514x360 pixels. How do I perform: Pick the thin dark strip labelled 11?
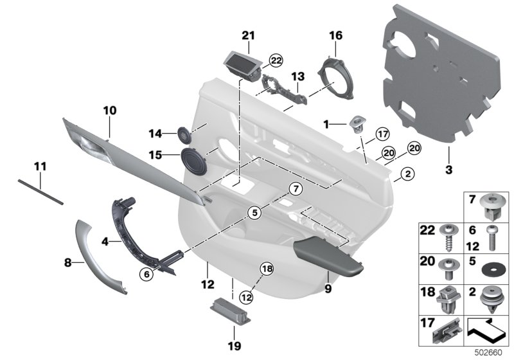[x=41, y=192]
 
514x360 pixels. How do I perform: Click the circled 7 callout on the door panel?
[x=294, y=188]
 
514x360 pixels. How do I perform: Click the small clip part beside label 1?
[x=355, y=122]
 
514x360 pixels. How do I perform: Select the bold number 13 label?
[x=297, y=76]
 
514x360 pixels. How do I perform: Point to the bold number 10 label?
[x=109, y=111]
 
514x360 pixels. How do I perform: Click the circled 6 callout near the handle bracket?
[x=146, y=273]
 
